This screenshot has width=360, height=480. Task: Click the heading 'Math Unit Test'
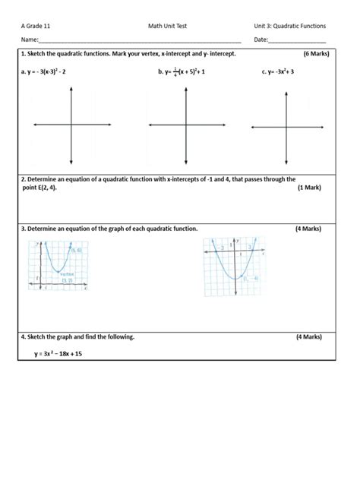167,26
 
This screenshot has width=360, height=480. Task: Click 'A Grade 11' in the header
36,26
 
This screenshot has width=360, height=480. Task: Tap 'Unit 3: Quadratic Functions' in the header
290,26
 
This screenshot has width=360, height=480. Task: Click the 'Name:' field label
30,39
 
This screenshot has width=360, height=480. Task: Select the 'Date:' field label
261,39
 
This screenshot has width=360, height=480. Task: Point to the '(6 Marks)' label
315,55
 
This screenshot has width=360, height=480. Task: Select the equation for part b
182,72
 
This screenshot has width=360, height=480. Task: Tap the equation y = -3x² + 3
279,72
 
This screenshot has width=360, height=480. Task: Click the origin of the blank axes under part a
71,125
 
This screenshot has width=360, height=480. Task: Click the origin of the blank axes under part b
186,125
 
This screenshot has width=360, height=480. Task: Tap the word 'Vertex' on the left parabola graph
66,276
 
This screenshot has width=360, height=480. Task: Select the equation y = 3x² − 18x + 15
58,354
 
